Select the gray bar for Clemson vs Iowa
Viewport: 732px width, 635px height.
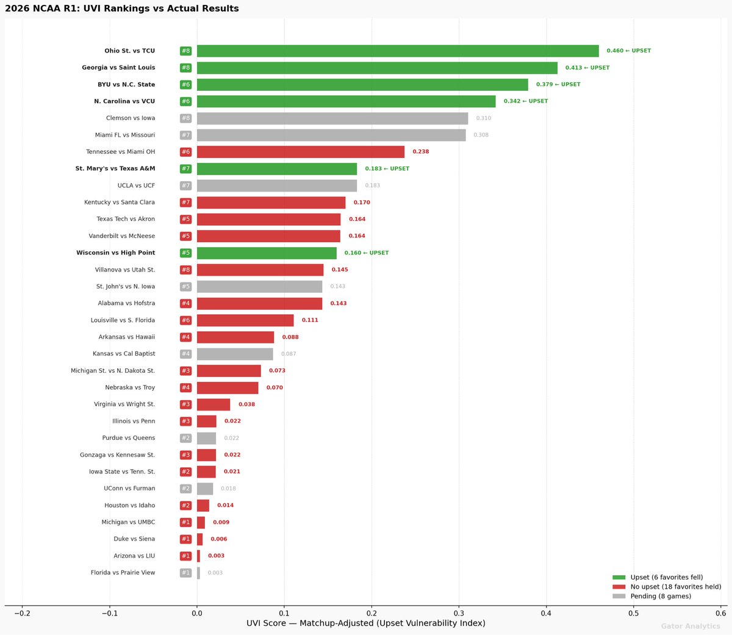[332, 118]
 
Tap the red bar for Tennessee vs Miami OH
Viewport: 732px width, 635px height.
[301, 152]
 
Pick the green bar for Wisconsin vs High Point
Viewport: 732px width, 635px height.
[267, 253]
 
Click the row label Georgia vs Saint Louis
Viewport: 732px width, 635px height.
[118, 68]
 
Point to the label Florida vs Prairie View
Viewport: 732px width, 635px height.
[123, 573]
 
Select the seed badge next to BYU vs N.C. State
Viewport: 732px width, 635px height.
[185, 85]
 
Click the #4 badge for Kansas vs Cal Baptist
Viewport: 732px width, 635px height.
[185, 354]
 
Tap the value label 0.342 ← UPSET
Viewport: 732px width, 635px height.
[525, 101]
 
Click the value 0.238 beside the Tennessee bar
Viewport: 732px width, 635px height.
[420, 152]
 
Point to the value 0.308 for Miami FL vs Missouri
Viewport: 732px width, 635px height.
[481, 135]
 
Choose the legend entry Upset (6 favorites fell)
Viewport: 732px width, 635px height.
[666, 577]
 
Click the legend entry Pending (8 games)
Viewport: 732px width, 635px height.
[661, 597]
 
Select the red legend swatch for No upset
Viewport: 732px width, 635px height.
[619, 587]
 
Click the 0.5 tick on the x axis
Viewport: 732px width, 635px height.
[634, 613]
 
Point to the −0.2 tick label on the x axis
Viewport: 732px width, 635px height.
[22, 613]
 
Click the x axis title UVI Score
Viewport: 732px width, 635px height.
[366, 623]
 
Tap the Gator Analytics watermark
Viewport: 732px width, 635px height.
[690, 626]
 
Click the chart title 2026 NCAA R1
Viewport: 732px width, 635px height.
[122, 9]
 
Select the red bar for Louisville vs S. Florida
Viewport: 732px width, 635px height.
[245, 320]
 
